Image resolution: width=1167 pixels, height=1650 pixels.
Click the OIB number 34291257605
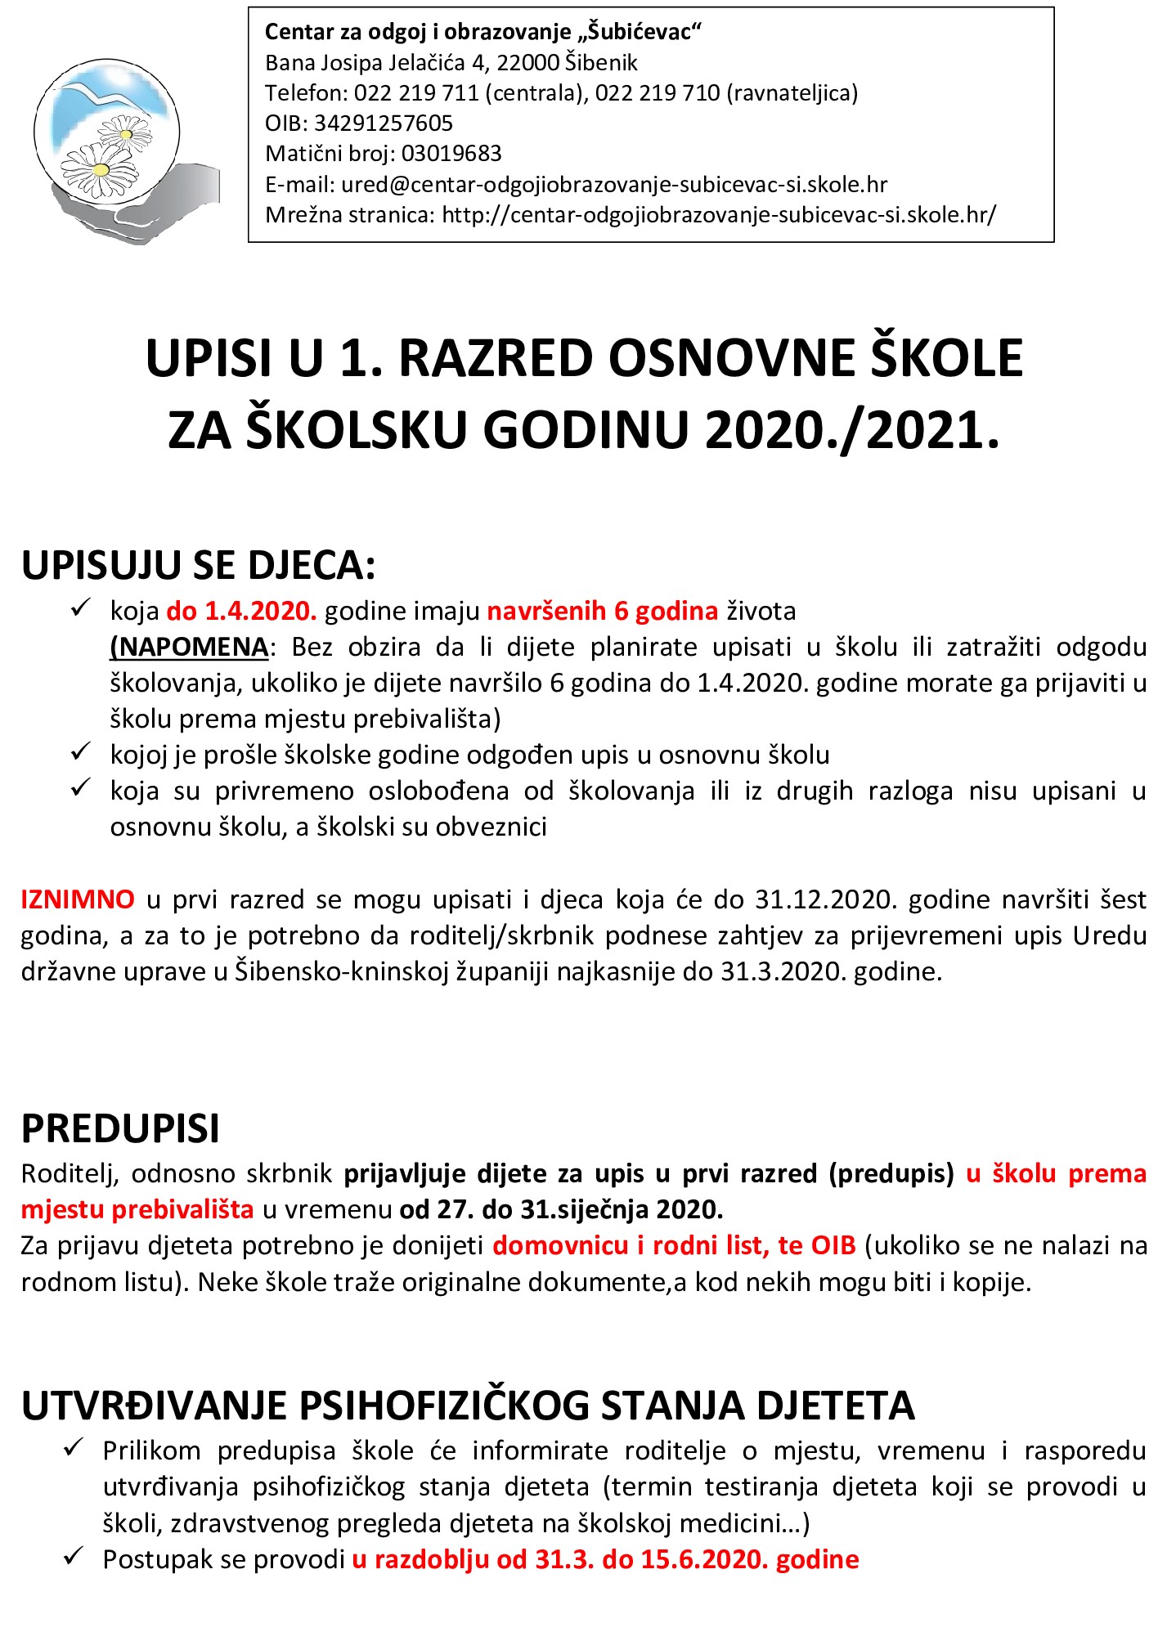[384, 123]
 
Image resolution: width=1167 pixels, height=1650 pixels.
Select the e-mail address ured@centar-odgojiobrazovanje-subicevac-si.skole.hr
[614, 185]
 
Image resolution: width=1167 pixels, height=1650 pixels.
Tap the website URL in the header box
[719, 215]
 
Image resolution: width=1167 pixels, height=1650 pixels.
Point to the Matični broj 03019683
[451, 154]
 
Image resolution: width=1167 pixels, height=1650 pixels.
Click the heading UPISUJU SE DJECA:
[198, 566]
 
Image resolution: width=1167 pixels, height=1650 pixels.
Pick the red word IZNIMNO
[78, 899]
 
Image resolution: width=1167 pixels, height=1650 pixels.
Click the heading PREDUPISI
[120, 1128]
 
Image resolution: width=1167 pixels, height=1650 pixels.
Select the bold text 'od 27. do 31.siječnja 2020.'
[561, 1209]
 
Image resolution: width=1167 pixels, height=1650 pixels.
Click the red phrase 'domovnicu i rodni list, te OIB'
[674, 1245]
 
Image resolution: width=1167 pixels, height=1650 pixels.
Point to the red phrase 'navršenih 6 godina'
[603, 611]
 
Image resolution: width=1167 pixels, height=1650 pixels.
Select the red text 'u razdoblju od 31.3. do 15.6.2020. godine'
[605, 1559]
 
